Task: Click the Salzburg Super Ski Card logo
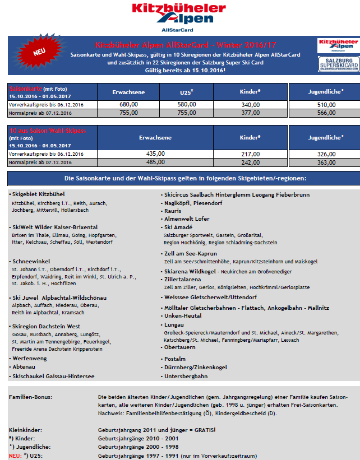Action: point(338,64)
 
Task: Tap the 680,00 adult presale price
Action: point(129,104)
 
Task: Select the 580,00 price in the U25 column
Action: point(187,104)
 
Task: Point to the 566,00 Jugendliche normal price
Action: point(326,112)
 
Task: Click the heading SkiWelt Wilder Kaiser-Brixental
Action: point(55,227)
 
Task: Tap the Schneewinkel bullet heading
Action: point(33,261)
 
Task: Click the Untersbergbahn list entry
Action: point(186,376)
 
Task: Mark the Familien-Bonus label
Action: point(31,397)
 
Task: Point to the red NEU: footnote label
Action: point(16,456)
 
